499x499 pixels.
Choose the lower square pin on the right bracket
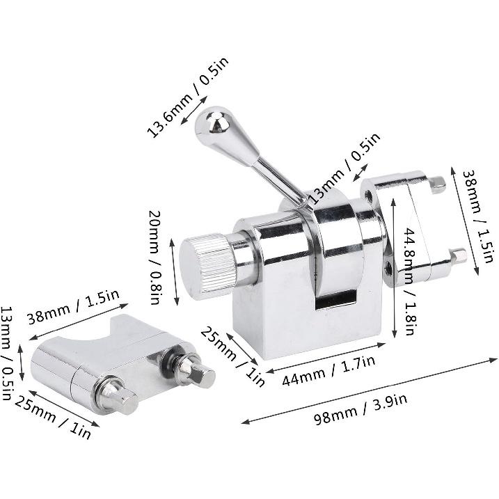(x=458, y=256)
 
